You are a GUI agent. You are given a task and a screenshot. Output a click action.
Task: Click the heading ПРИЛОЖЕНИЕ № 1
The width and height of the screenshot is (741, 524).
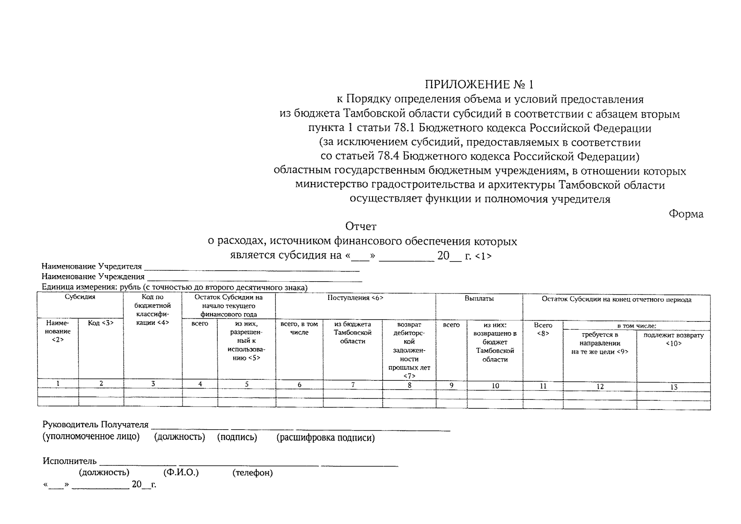tap(479, 84)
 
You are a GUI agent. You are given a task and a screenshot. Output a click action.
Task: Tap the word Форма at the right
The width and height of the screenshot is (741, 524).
tap(686, 214)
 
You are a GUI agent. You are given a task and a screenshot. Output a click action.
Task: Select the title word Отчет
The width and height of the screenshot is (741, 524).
tap(361, 226)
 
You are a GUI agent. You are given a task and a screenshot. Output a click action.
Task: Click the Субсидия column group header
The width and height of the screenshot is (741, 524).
tap(80, 297)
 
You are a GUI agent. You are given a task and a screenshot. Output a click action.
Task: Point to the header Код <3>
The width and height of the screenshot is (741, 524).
tap(101, 323)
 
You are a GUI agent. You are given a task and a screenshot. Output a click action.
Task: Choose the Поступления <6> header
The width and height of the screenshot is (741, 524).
tap(355, 298)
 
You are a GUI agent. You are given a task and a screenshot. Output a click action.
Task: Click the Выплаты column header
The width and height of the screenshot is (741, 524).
tap(479, 299)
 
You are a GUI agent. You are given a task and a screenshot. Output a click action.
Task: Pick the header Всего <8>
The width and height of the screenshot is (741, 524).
tap(543, 329)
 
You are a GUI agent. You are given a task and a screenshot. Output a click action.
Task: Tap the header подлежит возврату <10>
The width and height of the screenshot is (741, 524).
tap(673, 339)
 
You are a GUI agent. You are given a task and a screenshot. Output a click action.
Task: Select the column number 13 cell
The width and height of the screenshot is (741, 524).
tap(673, 387)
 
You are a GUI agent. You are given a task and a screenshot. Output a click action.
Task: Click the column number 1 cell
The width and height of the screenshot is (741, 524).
tap(58, 383)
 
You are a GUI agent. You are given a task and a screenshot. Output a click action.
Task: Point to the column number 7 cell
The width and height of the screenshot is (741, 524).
tap(353, 385)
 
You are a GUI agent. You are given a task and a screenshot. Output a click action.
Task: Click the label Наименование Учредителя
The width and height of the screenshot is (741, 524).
tap(92, 266)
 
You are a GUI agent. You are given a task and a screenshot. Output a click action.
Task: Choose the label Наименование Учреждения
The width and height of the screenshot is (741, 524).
tap(93, 276)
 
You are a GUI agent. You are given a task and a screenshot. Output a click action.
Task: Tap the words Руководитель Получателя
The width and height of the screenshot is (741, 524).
tap(95, 424)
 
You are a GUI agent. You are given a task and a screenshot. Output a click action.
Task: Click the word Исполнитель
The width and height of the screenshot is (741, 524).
tap(69, 461)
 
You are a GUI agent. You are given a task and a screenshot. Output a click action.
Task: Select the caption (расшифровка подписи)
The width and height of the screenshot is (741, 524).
tap(325, 438)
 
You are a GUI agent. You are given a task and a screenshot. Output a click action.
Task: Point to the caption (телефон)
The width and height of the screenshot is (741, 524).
tap(252, 472)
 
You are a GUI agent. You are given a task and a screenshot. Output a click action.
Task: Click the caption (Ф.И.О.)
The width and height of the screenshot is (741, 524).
tap(181, 472)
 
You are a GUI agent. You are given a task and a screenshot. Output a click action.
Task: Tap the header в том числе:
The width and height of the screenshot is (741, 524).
tap(636, 326)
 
